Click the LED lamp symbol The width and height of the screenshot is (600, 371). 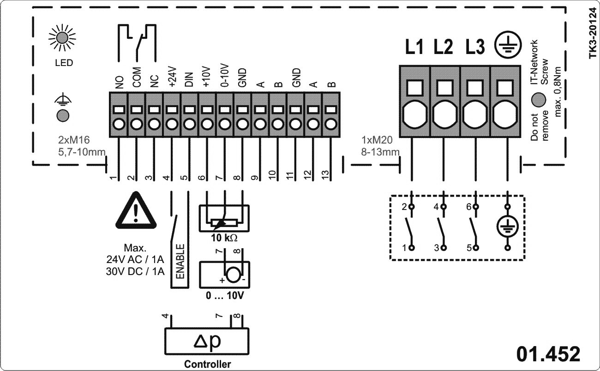[62, 37]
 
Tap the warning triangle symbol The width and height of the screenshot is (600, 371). [136, 210]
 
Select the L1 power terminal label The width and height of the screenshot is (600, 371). [414, 47]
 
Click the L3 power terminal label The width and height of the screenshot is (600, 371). [475, 47]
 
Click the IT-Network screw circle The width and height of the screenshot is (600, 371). [539, 99]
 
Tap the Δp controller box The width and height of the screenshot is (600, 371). [207, 341]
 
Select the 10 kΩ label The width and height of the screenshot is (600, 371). [224, 238]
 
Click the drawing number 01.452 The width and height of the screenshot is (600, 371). [548, 354]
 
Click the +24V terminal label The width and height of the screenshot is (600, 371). [172, 77]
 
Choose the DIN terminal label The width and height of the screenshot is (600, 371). [189, 79]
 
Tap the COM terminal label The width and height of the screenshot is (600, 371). [137, 78]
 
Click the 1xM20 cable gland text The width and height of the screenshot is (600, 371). [377, 140]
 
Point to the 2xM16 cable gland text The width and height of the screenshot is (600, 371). [74, 140]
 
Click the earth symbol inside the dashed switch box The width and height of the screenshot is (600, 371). [508, 227]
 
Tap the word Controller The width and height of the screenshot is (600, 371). [207, 364]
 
